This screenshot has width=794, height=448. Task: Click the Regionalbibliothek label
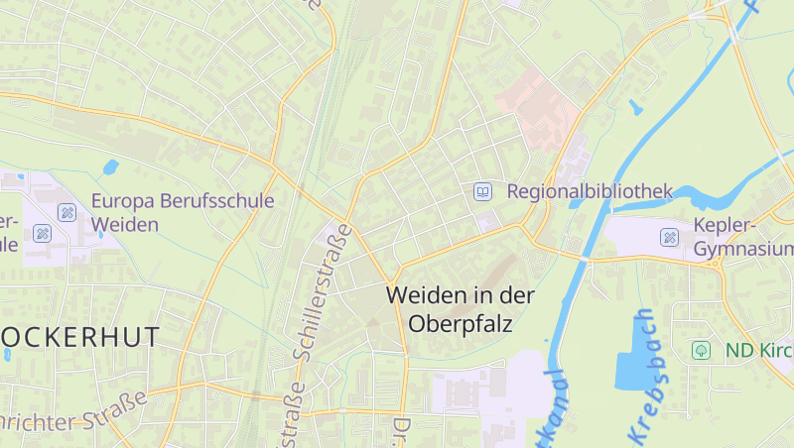click(590, 191)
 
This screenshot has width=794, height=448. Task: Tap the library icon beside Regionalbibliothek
click(482, 191)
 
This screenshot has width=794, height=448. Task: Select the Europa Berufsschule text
click(183, 201)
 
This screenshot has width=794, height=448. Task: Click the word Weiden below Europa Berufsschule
click(125, 225)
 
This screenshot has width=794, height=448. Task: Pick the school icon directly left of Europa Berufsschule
click(66, 211)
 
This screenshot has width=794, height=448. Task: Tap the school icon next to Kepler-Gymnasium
click(670, 237)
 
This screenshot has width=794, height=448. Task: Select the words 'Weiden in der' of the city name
click(461, 295)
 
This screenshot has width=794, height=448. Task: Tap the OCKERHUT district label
click(79, 337)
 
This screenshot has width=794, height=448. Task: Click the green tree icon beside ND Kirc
click(702, 350)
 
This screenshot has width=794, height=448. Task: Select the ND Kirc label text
click(758, 350)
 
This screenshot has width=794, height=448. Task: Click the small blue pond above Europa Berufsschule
click(110, 167)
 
